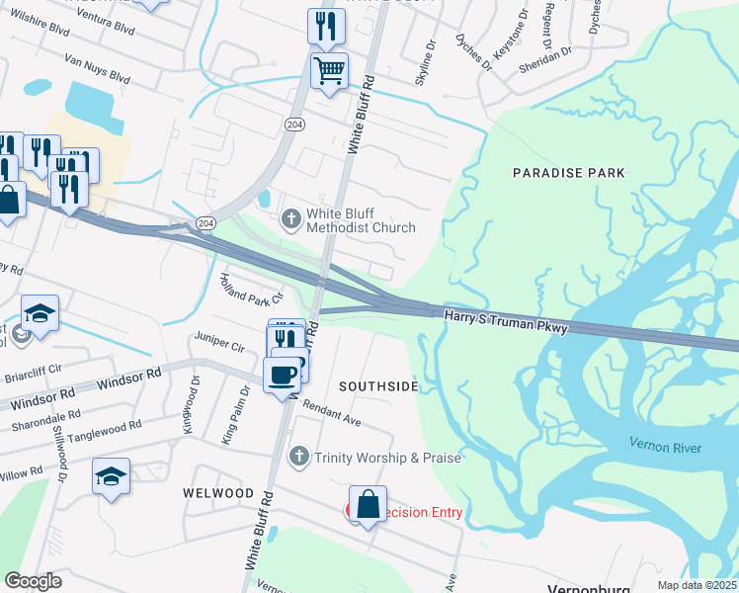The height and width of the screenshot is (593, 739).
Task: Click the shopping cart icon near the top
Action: pyautogui.click(x=329, y=70)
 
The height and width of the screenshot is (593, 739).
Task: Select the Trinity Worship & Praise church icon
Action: pyautogui.click(x=299, y=457)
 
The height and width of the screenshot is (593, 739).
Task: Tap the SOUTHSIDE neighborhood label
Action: pyautogui.click(x=378, y=386)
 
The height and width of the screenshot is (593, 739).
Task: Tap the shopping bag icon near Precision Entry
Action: pyautogui.click(x=368, y=504)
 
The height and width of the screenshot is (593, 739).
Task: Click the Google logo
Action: pyautogui.click(x=34, y=580)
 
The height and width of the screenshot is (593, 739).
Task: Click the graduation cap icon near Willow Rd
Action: pyautogui.click(x=111, y=476)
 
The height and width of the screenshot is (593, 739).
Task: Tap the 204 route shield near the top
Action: pyautogui.click(x=293, y=125)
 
